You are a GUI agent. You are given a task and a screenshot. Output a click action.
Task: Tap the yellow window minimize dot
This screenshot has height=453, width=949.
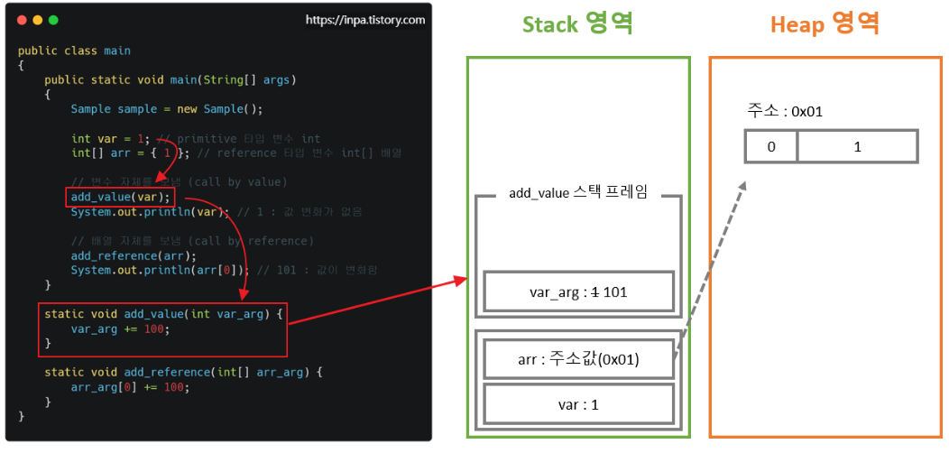tap(37, 20)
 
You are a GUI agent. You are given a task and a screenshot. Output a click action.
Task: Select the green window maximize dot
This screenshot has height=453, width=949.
tap(53, 20)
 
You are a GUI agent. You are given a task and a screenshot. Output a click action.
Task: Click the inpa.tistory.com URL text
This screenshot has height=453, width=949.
tap(365, 20)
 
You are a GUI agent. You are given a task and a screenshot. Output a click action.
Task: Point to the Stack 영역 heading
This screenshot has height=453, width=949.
tap(577, 24)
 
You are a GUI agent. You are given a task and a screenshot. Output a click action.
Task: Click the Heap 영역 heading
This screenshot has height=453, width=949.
tap(825, 24)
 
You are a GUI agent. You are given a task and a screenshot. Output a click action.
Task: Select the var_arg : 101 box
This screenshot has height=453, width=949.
tap(578, 291)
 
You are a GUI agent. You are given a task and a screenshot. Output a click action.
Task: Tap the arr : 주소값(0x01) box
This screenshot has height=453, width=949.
tap(578, 359)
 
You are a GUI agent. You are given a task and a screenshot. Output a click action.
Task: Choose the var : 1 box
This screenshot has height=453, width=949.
tap(578, 404)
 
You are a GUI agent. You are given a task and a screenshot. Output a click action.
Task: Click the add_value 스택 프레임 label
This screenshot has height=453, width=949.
tap(578, 193)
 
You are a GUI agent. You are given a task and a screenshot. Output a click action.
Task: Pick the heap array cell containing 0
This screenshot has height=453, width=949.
tap(770, 146)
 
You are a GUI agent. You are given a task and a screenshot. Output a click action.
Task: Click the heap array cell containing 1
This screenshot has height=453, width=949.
tap(857, 146)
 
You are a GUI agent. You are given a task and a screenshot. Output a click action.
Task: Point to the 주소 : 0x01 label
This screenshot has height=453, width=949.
tap(785, 111)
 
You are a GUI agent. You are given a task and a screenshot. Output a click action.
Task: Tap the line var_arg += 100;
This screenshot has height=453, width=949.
tap(120, 328)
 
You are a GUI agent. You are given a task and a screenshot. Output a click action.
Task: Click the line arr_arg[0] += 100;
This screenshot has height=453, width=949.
tap(131, 386)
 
